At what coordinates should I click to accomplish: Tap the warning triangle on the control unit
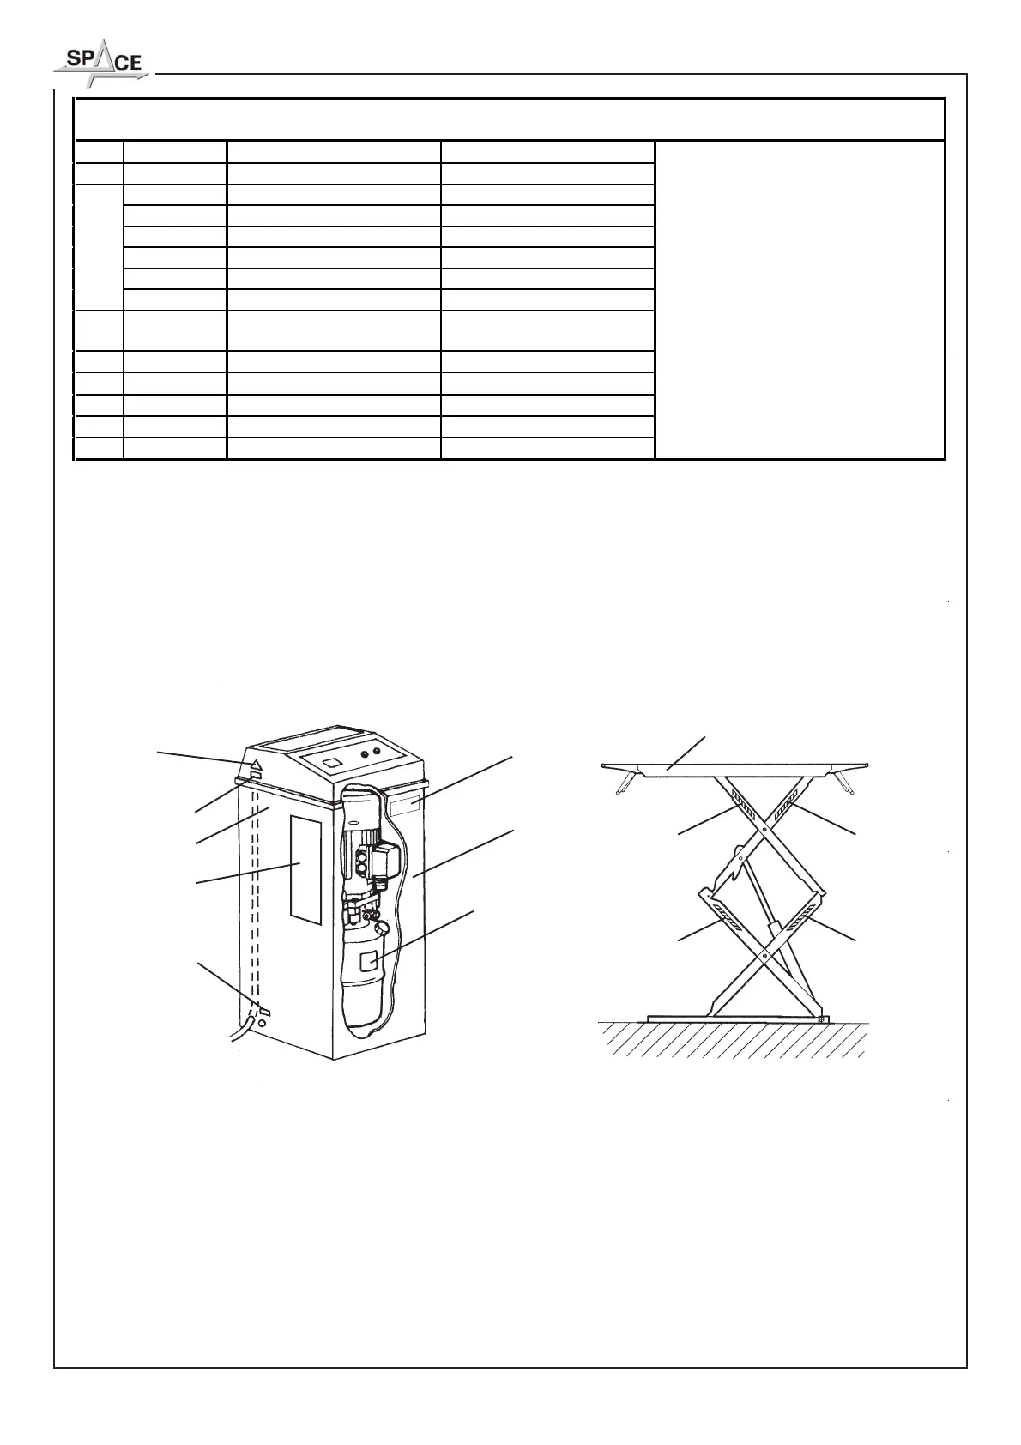(x=256, y=762)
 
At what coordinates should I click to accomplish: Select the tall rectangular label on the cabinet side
(x=305, y=868)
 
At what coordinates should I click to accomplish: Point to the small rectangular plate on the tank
(x=369, y=961)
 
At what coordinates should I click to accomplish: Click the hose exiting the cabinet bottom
(x=241, y=1028)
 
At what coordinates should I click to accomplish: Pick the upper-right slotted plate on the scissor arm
(x=785, y=809)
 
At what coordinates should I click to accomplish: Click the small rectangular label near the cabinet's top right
(x=404, y=804)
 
